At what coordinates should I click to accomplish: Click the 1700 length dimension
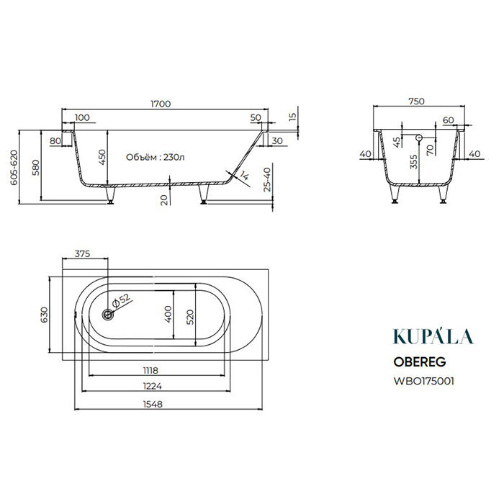(161, 104)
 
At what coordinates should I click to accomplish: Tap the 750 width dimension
(417, 102)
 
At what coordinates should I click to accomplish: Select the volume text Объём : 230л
(156, 157)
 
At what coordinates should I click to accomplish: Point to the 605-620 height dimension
(14, 167)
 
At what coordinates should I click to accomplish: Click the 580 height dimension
(36, 167)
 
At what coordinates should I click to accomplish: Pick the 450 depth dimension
(102, 157)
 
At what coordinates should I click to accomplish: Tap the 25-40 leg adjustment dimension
(267, 180)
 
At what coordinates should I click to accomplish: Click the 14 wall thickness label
(244, 176)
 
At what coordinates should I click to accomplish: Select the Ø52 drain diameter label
(121, 300)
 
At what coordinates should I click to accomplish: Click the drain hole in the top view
(108, 315)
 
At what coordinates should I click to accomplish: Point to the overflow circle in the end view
(419, 138)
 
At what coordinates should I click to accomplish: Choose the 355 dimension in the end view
(414, 162)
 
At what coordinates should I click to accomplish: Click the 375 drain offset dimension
(83, 253)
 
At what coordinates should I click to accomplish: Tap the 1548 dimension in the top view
(153, 404)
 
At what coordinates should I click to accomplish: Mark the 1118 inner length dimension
(150, 370)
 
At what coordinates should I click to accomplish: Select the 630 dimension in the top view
(44, 315)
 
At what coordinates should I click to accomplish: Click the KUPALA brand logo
(433, 336)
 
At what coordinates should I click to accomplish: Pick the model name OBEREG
(420, 362)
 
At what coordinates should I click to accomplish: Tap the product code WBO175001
(423, 381)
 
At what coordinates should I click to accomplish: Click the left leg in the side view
(110, 194)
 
